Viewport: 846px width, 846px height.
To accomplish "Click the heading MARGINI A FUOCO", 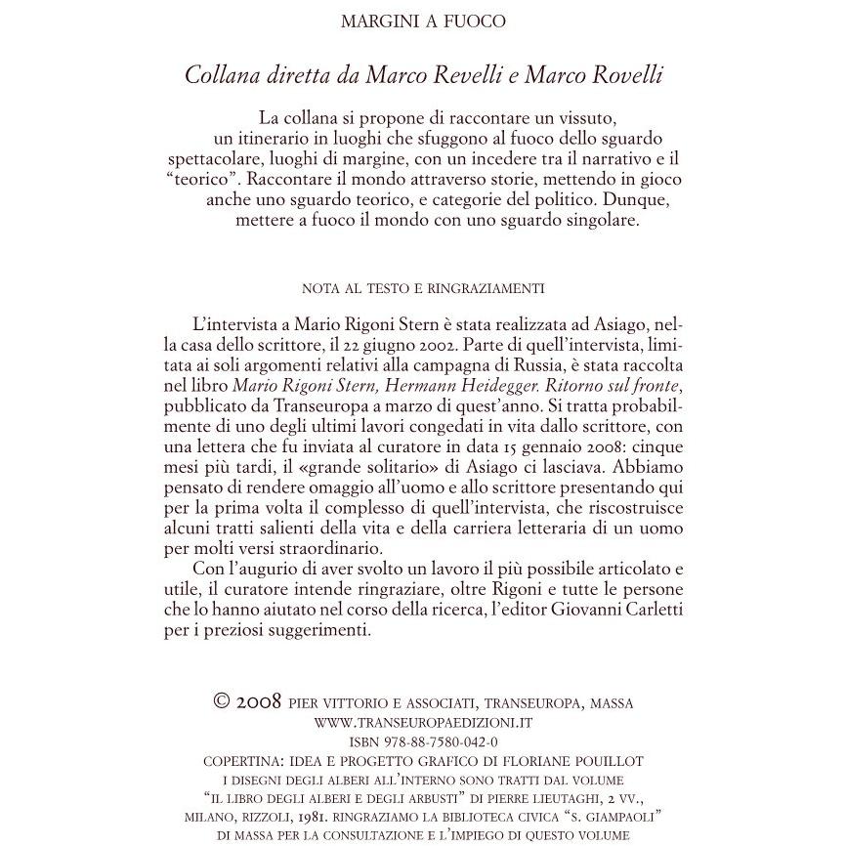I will point(423,21).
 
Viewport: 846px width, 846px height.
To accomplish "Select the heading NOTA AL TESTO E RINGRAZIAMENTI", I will point(423,288).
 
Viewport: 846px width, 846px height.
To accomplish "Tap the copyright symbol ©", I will point(222,701).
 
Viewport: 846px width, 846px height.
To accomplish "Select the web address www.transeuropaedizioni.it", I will point(423,723).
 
